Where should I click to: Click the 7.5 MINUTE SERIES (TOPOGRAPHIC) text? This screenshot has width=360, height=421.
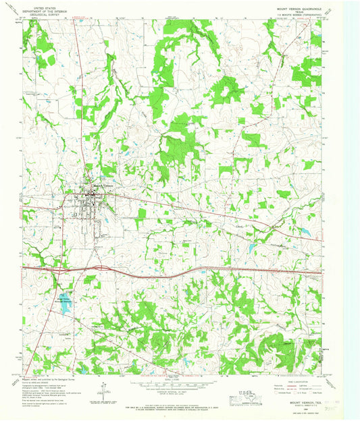tap(302, 16)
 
